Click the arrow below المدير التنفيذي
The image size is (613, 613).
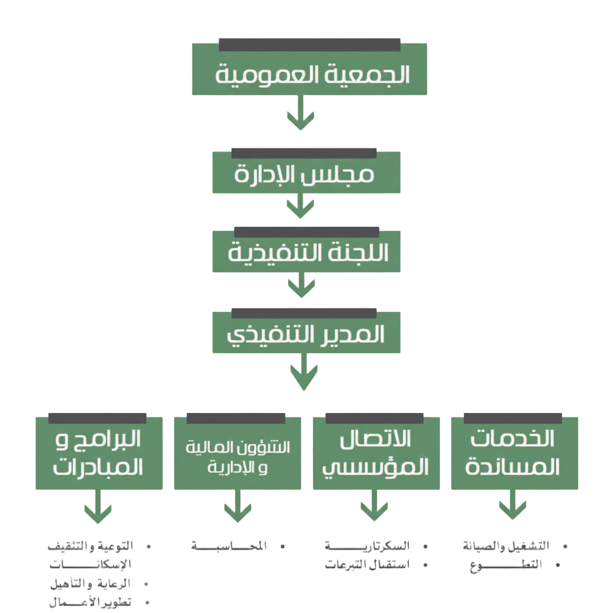click(304, 374)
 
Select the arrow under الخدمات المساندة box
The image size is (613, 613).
click(513, 506)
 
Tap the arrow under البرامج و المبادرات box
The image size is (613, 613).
click(98, 508)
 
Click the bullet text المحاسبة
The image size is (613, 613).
click(229, 546)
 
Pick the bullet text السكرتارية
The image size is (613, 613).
click(367, 546)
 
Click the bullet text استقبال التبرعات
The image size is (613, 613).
click(367, 565)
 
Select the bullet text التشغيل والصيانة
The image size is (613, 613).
click(506, 546)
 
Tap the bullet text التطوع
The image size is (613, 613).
click(506, 565)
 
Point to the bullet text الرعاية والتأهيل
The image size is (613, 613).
click(91, 583)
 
